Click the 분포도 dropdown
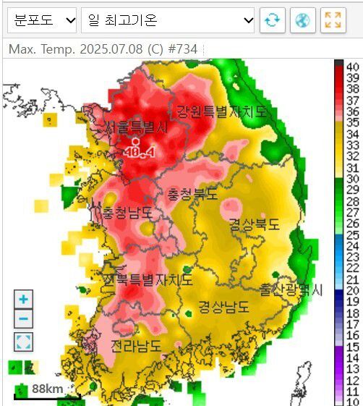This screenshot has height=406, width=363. click(x=42, y=20)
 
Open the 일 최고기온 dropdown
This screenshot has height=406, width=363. click(x=168, y=20)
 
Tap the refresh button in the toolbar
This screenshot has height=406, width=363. click(x=272, y=20)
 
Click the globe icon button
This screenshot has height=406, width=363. click(x=302, y=20)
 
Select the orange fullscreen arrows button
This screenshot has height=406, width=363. click(x=333, y=20)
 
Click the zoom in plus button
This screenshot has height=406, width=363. click(x=24, y=299)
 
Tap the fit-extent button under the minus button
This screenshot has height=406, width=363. click(x=24, y=342)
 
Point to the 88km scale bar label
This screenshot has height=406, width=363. click(x=47, y=389)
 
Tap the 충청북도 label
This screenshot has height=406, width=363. click(x=192, y=194)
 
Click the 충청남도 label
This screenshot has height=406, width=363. click(x=127, y=213)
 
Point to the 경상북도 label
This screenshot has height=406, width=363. click(x=254, y=224)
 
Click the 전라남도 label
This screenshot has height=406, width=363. click(x=136, y=347)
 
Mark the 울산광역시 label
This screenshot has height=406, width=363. click(x=291, y=290)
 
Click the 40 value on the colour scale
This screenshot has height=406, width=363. click(x=353, y=66)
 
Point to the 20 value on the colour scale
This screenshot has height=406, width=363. click(x=353, y=291)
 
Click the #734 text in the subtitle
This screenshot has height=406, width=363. click(x=189, y=49)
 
